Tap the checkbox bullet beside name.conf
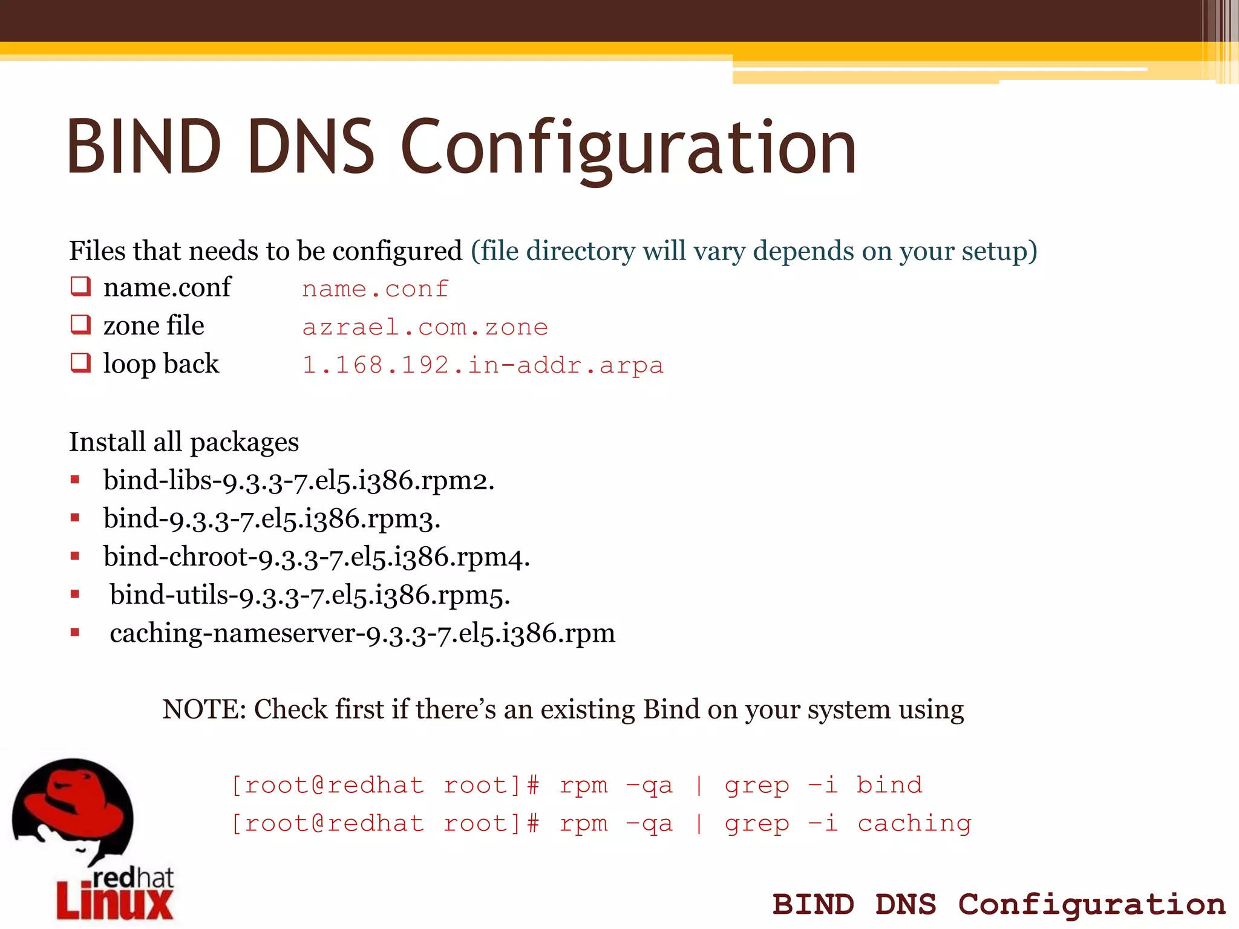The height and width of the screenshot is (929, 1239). (x=80, y=286)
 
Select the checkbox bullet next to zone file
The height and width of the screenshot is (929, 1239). (x=80, y=325)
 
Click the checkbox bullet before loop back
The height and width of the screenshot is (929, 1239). (x=80, y=363)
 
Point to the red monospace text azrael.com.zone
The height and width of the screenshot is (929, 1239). (x=425, y=327)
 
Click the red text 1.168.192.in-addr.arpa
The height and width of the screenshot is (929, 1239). (x=483, y=365)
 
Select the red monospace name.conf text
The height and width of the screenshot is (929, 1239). (x=375, y=289)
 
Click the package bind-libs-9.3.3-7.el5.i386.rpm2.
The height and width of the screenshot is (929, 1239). (x=299, y=481)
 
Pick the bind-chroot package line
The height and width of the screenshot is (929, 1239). (x=316, y=557)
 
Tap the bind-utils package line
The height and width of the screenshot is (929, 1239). (x=310, y=595)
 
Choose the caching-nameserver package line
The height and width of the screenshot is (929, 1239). (x=362, y=634)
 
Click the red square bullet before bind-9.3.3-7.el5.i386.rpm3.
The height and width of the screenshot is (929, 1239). (x=75, y=518)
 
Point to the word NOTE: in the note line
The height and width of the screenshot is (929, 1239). (x=204, y=709)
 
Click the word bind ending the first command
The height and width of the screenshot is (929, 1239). (x=889, y=785)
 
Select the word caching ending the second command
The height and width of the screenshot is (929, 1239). (x=914, y=823)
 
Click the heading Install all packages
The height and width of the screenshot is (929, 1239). (x=184, y=442)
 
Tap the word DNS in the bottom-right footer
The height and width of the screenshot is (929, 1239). (x=906, y=905)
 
